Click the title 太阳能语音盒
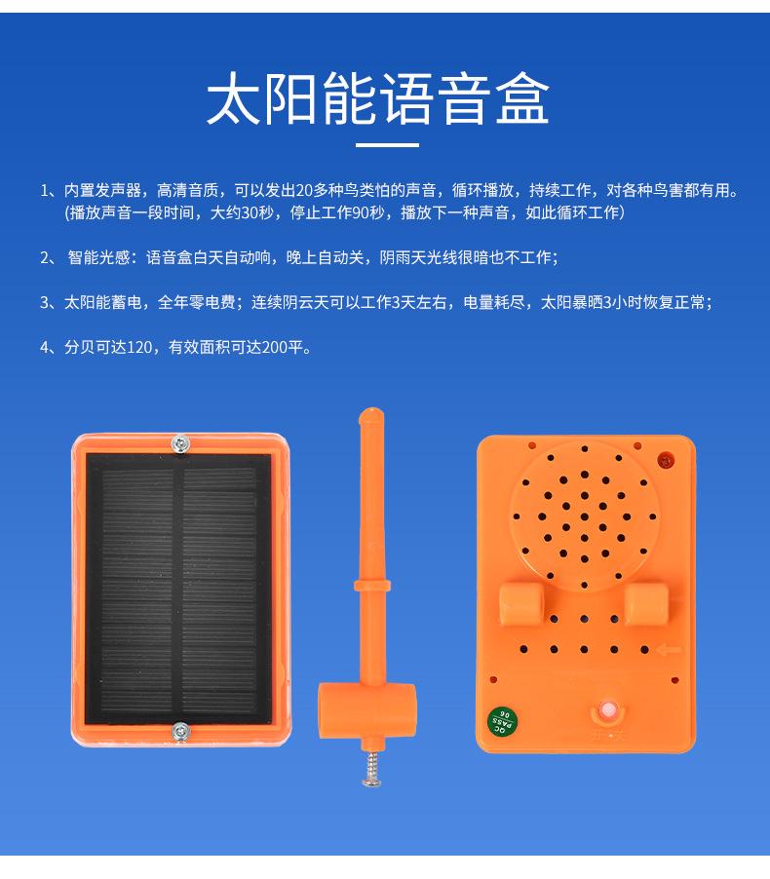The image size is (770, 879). coord(377,99)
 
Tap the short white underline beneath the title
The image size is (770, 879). coord(386,145)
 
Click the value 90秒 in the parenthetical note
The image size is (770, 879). coord(363,212)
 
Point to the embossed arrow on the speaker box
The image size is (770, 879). coord(670,650)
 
